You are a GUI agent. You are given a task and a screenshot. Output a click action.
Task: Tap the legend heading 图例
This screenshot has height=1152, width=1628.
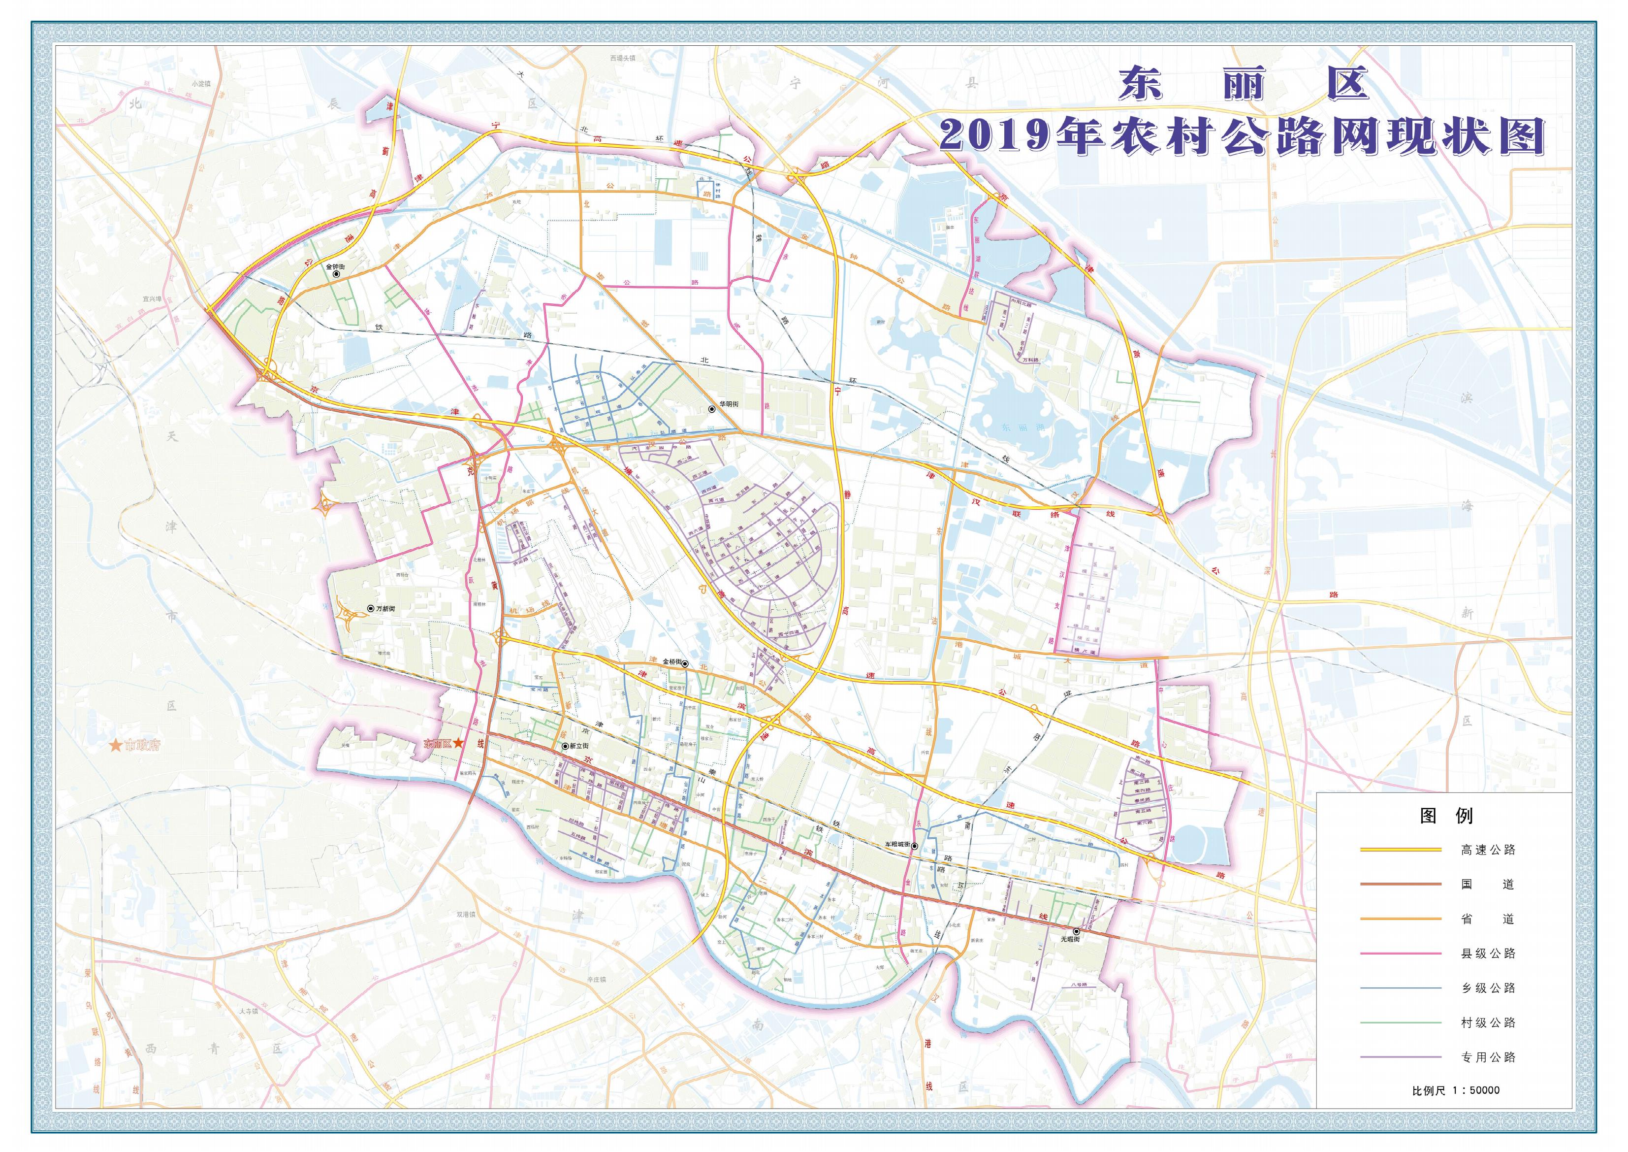point(1446,815)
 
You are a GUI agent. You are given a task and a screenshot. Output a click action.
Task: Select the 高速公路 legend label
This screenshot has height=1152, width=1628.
point(1488,850)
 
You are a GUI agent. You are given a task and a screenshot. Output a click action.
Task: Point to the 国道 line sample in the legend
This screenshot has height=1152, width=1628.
point(1401,885)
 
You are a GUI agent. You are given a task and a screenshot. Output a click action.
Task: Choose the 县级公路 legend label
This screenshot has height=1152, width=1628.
point(1488,954)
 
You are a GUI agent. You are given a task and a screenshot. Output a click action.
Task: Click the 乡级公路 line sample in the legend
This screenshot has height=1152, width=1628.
point(1401,988)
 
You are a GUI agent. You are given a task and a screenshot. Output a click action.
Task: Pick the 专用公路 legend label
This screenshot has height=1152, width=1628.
point(1488,1057)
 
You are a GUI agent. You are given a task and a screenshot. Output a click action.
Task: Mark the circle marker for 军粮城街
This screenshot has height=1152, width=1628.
point(915,846)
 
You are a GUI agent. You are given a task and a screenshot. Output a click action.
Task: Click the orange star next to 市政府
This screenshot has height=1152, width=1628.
point(114,746)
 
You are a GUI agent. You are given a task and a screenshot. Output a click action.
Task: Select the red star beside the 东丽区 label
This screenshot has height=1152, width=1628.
point(459,743)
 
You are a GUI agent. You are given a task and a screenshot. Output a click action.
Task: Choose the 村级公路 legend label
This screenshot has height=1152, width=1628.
point(1488,1022)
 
